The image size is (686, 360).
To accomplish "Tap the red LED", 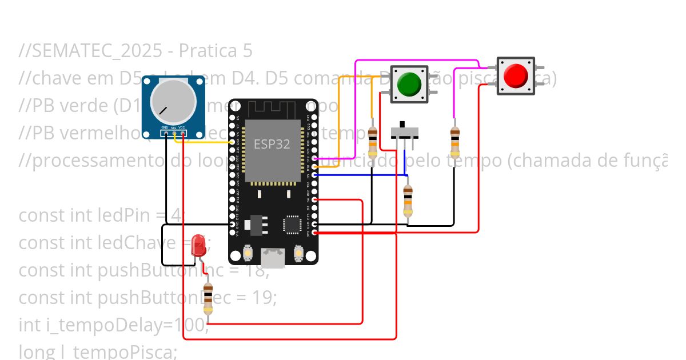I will [199, 245].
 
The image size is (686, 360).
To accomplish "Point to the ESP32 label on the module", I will [272, 145].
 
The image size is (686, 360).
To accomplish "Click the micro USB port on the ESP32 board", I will [273, 258].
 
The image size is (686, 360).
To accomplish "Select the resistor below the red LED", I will [208, 298].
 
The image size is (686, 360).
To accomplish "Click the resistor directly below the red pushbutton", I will [454, 142].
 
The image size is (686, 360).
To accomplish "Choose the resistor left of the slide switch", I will [373, 142].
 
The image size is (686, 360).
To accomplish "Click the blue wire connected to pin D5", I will [360, 175].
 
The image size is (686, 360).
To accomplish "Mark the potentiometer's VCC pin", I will [183, 134].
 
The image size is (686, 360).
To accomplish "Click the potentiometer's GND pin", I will [165, 134].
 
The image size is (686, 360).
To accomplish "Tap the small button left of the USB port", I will [248, 252].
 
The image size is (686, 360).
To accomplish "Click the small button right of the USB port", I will [298, 252].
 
